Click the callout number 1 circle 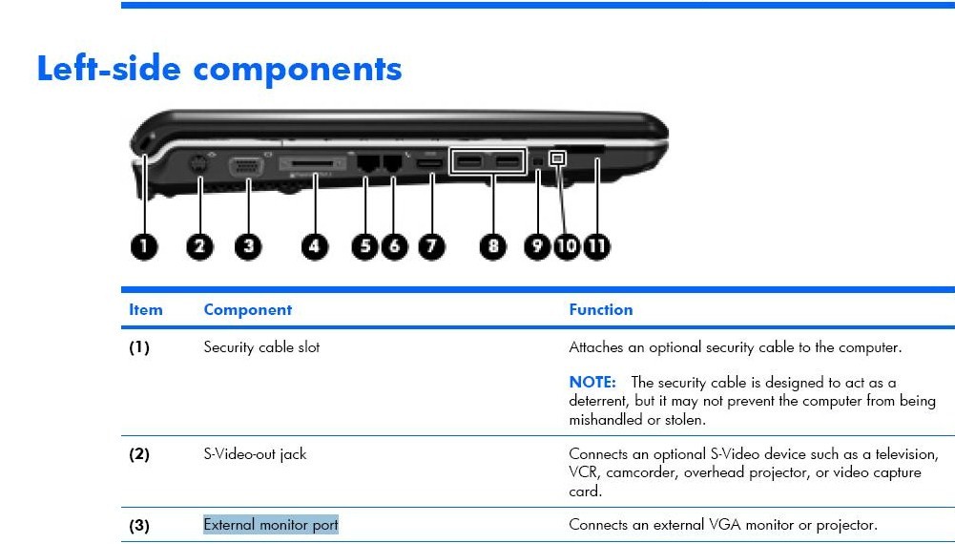click(144, 247)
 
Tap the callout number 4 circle click(314, 247)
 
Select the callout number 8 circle click(492, 247)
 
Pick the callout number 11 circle click(597, 247)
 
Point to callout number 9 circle click(537, 247)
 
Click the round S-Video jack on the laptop click(197, 164)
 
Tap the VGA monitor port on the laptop click(246, 166)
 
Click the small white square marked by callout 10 click(557, 158)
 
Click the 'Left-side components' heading click(219, 68)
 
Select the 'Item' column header click(146, 310)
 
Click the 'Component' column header click(248, 310)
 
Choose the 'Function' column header click(600, 310)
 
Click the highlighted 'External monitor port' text click(270, 525)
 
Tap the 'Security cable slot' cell click(261, 347)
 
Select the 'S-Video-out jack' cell click(255, 454)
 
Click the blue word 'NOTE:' click(592, 383)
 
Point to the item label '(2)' click(139, 454)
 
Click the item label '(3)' click(139, 525)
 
